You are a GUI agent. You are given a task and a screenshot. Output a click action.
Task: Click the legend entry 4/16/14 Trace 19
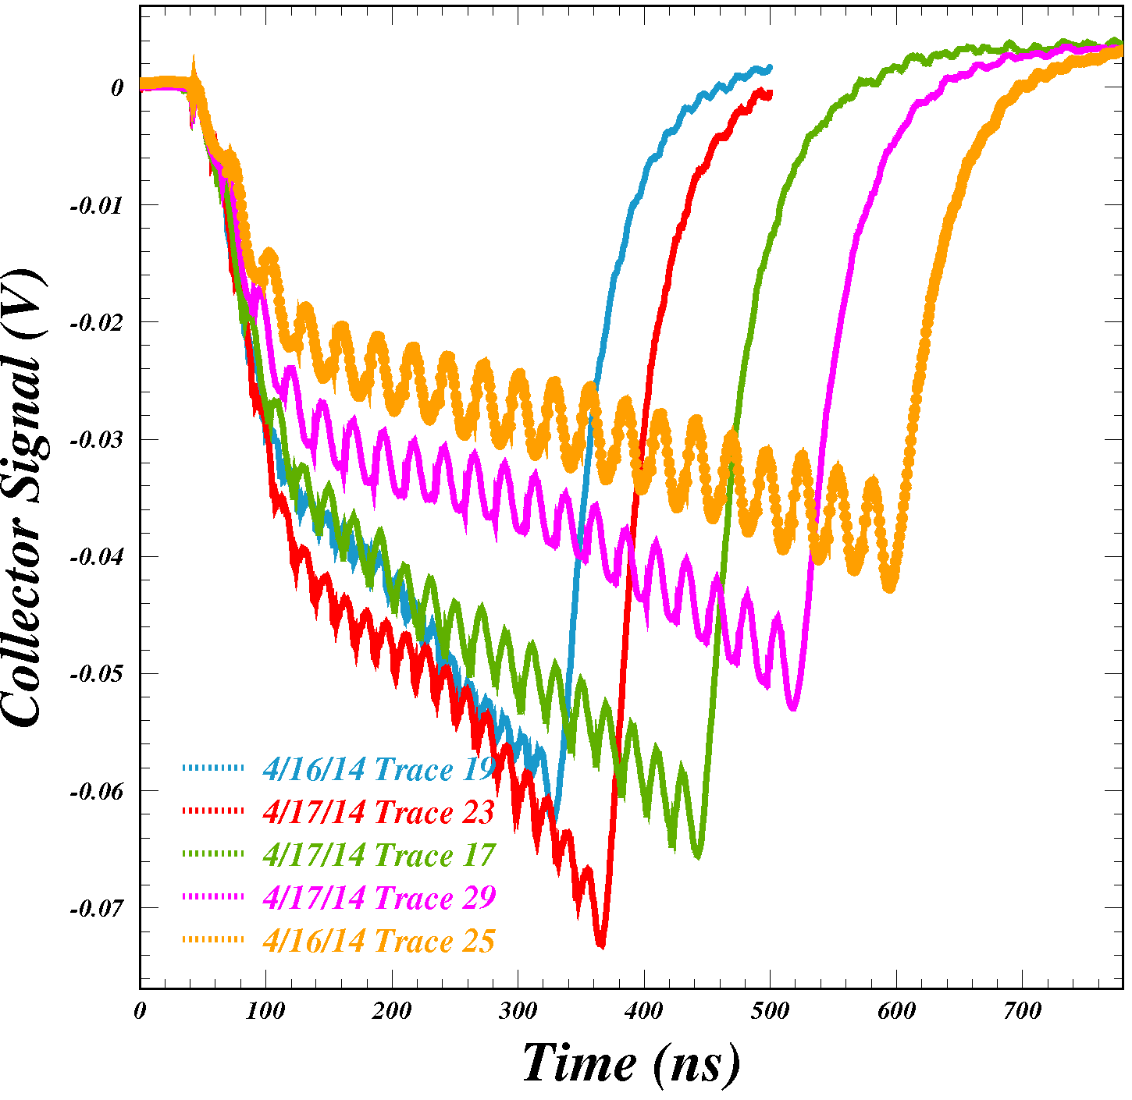(x=379, y=770)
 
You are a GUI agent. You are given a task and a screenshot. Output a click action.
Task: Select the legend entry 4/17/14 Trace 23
(x=379, y=813)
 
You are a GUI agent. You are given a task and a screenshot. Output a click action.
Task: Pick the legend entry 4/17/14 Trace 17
(x=379, y=856)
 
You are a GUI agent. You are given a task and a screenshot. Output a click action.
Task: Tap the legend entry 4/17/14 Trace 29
(x=379, y=898)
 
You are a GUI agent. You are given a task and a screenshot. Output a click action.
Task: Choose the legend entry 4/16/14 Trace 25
(x=379, y=942)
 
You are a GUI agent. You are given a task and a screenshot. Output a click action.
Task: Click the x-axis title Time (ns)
(x=631, y=1063)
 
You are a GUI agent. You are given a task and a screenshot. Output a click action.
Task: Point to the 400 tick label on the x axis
(x=644, y=1012)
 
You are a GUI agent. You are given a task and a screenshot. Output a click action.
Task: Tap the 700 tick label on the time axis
(x=1022, y=1012)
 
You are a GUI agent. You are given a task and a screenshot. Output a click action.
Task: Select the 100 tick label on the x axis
(x=265, y=1012)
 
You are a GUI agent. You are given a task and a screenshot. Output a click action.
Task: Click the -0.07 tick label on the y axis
(x=97, y=909)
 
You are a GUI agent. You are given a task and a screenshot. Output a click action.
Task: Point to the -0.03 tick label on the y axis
(x=97, y=440)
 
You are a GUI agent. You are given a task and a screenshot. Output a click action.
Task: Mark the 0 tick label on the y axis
(x=117, y=88)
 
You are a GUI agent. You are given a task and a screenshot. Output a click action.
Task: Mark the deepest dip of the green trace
(x=697, y=857)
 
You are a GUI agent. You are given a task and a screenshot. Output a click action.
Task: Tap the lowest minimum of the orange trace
(x=889, y=589)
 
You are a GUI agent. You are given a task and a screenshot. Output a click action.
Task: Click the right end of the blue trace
(x=771, y=68)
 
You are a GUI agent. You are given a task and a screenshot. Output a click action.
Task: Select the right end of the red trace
(x=771, y=94)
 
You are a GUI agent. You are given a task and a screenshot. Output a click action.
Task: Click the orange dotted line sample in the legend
(x=212, y=939)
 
